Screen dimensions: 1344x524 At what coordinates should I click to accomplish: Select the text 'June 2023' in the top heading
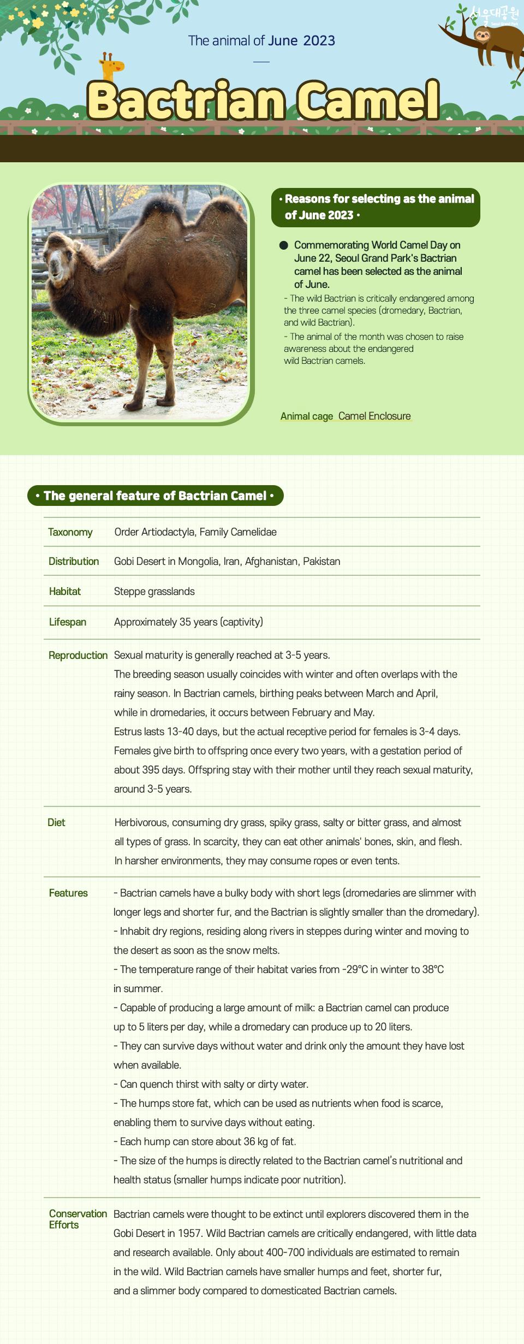[301, 40]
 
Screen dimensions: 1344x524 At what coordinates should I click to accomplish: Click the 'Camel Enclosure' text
[374, 416]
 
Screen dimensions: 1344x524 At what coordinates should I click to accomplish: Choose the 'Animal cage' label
[306, 416]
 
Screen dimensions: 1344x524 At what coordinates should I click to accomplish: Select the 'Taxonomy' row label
[70, 532]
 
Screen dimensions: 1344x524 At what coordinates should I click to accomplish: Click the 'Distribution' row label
[74, 562]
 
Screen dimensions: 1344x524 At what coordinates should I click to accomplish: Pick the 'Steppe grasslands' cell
[154, 592]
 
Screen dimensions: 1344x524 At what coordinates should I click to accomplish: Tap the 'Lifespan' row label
[68, 622]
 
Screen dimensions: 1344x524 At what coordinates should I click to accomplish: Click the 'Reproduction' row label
[78, 656]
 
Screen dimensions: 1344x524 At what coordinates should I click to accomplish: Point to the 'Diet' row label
[56, 823]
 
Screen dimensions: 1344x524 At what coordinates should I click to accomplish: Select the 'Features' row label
[68, 893]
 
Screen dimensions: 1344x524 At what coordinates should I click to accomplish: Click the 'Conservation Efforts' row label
[78, 1219]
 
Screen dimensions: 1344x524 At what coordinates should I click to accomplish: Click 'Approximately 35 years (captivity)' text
[188, 622]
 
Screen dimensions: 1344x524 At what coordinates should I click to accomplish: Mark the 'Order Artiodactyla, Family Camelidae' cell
[195, 532]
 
